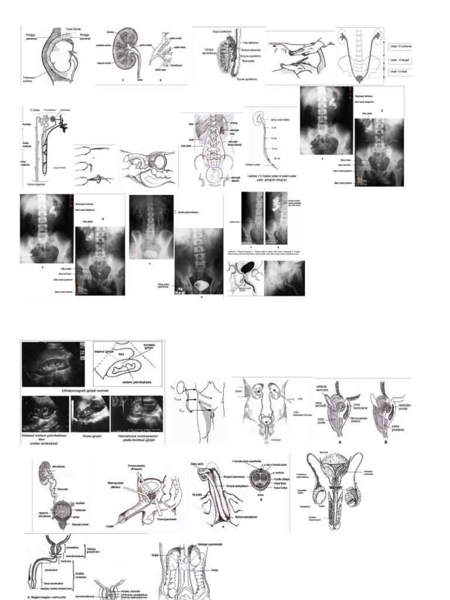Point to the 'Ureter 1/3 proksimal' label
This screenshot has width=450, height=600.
tap(399, 44)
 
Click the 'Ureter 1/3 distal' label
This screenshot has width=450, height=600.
tap(397, 72)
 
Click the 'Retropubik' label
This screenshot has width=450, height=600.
tap(115, 483)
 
